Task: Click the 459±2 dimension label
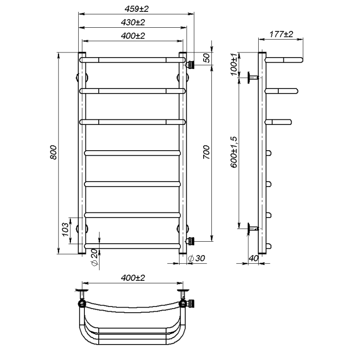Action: pyautogui.click(x=137, y=9)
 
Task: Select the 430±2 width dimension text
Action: pyautogui.click(x=133, y=23)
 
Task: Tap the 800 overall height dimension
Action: pyautogui.click(x=53, y=152)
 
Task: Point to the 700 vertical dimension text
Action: pyautogui.click(x=206, y=152)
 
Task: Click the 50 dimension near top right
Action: pyautogui.click(x=207, y=58)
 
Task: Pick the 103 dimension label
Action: pyautogui.click(x=65, y=229)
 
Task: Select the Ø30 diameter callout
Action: pyautogui.click(x=196, y=258)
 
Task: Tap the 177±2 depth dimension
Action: pyautogui.click(x=281, y=34)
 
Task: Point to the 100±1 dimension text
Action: pyautogui.click(x=233, y=64)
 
